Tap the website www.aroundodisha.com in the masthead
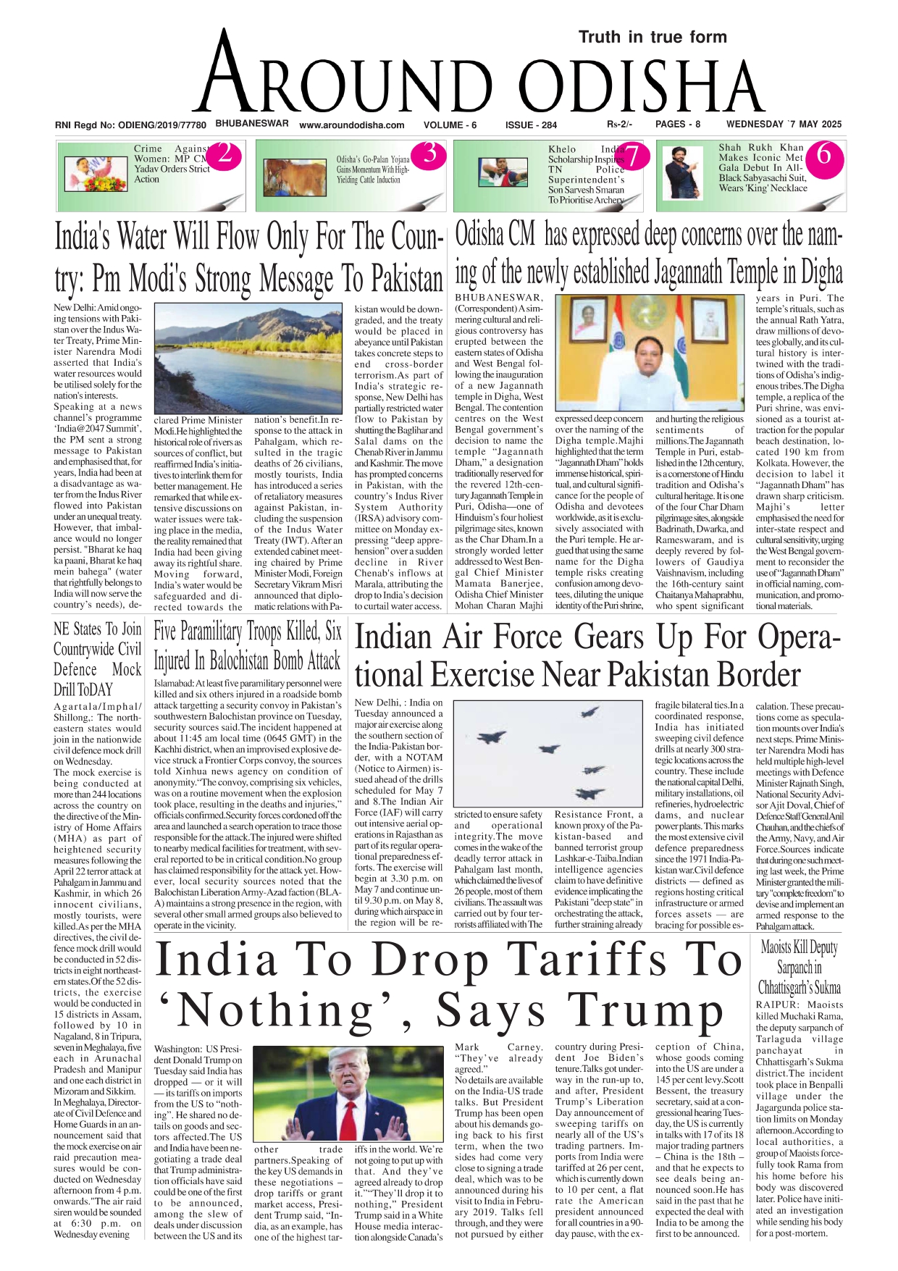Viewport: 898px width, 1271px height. [351, 125]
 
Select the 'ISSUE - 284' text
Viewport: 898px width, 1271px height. [531, 125]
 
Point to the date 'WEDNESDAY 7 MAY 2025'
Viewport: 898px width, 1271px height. [784, 125]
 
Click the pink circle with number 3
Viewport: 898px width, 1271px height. [430, 154]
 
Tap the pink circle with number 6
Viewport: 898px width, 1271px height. [823, 154]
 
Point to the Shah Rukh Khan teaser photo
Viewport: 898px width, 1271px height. [684, 174]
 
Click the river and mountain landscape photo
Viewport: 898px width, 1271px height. [248, 358]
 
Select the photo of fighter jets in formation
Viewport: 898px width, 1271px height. [553, 753]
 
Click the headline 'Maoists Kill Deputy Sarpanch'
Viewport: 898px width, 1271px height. [799, 967]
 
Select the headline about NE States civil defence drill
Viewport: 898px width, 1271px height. [97, 658]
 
